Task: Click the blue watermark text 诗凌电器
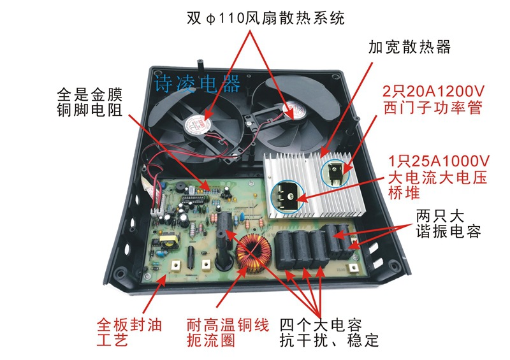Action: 198,83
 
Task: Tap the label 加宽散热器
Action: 409,47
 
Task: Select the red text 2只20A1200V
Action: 433,91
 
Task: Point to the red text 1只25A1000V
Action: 439,161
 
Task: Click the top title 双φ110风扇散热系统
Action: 265,18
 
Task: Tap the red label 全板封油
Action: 129,325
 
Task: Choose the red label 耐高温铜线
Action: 228,325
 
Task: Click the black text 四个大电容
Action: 321,325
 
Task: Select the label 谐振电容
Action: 448,231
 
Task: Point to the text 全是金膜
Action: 89,95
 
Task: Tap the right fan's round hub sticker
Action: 295,111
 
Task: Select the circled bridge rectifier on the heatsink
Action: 288,197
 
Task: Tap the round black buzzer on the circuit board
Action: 180,188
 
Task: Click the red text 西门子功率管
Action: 433,108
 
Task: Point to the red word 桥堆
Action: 404,192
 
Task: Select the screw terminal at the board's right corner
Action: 353,268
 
